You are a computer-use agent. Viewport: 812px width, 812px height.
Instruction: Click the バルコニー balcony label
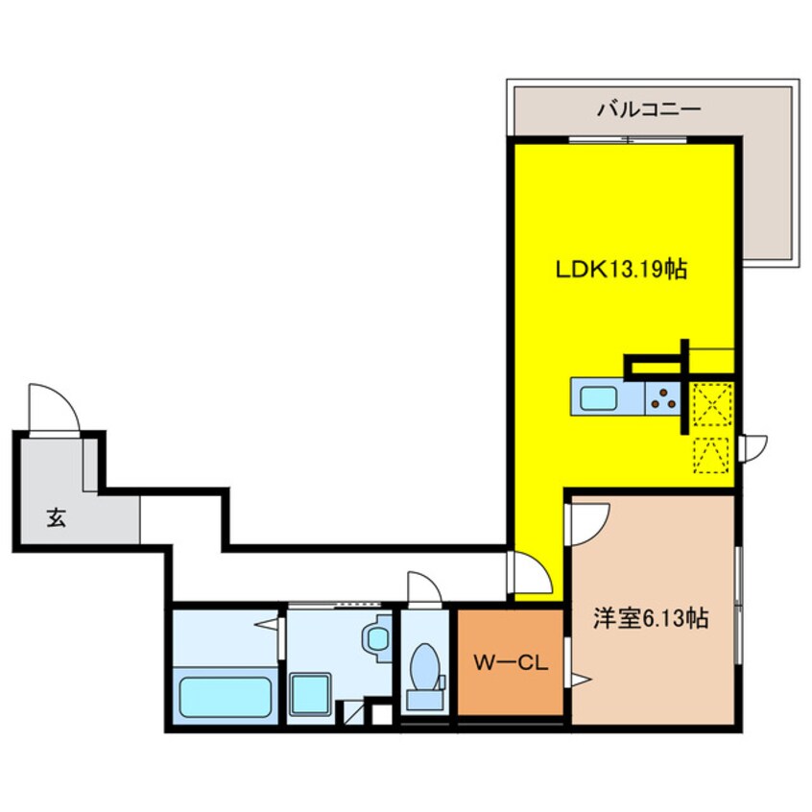pos(649,109)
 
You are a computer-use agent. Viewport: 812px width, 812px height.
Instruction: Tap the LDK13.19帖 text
pos(621,270)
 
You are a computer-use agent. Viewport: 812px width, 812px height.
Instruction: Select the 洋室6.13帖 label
pos(651,618)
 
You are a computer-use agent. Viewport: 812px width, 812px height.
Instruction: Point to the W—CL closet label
pos(511,663)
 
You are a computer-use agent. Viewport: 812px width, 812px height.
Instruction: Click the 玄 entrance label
pos(56,517)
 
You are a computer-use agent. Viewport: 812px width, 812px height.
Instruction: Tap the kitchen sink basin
pos(598,398)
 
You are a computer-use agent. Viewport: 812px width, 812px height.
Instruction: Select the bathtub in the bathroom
pos(226,697)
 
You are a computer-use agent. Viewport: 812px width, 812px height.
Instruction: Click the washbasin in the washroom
pos(377,639)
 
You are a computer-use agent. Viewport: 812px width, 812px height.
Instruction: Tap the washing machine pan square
pos(310,694)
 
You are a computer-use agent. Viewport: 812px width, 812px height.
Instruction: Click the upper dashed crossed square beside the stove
pos(712,404)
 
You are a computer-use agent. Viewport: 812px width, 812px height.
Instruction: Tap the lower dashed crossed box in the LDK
pos(711,455)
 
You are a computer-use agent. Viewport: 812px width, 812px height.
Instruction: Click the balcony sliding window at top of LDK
pos(628,139)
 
